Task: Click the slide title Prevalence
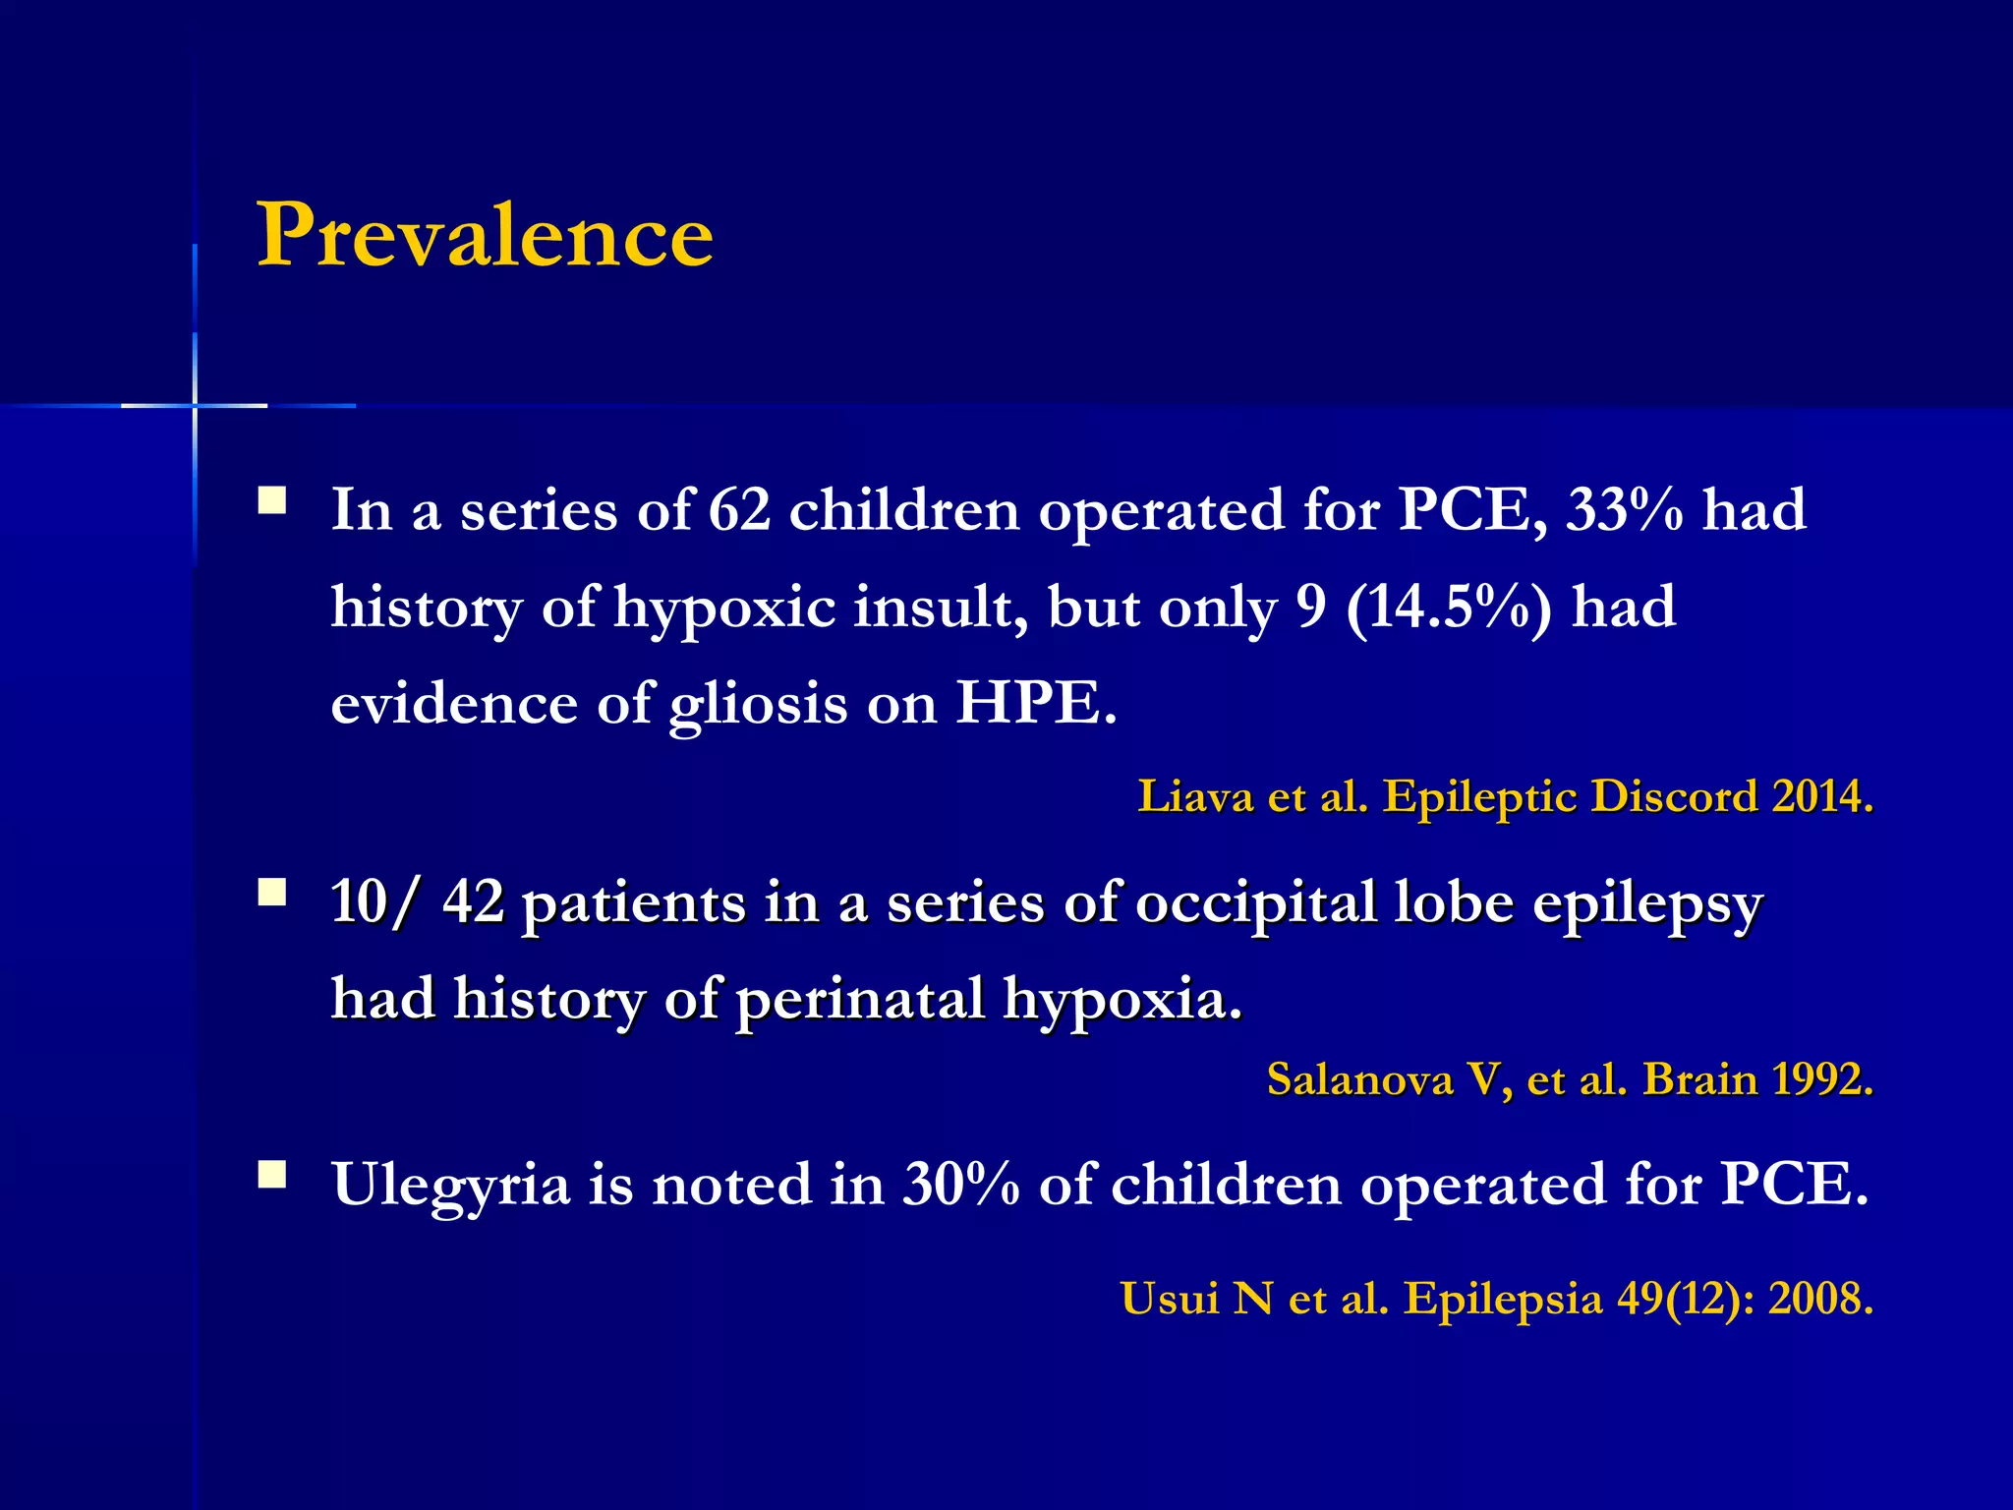tap(485, 236)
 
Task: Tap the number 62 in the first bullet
tap(739, 511)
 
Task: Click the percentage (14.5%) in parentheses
tap(1449, 608)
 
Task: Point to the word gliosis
tap(757, 706)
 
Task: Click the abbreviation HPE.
tap(1036, 704)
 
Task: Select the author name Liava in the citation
tap(1195, 796)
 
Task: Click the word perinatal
tap(860, 1000)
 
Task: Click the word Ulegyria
tap(451, 1185)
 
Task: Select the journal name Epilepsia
tap(1503, 1299)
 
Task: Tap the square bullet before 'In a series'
tap(272, 501)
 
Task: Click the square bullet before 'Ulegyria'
tap(272, 1176)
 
